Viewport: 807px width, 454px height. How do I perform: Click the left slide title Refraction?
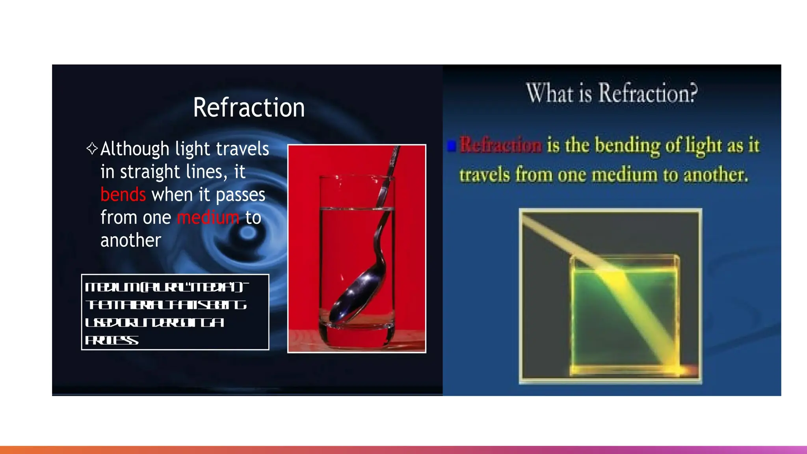click(x=249, y=108)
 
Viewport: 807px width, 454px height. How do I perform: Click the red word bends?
click(x=123, y=195)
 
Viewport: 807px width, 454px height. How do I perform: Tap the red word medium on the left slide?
click(x=208, y=218)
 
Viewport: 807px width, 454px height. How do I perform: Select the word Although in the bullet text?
click(x=135, y=149)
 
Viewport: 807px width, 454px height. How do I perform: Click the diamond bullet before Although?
click(x=92, y=148)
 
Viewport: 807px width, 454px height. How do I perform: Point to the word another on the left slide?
click(x=131, y=240)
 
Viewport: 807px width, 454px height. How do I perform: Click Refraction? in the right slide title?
click(x=648, y=93)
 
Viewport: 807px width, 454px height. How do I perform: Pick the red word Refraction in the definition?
click(x=501, y=145)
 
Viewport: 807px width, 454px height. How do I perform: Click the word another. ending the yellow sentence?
click(x=716, y=175)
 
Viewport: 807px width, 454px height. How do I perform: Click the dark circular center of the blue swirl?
click(x=248, y=233)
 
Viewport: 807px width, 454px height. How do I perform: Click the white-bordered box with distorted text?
click(x=175, y=312)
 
